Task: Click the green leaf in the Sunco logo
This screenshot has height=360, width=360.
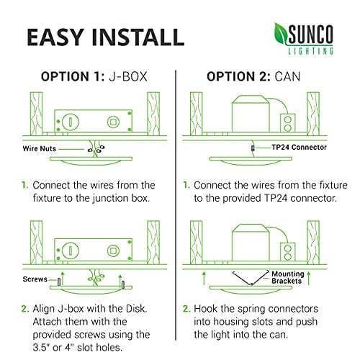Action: coord(280,34)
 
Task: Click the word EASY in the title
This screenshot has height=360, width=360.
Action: coord(55,37)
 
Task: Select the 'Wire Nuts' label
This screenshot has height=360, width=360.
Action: coord(40,148)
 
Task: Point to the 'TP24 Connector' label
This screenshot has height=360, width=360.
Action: coord(299,147)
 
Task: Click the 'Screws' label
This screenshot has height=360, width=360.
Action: coord(35,279)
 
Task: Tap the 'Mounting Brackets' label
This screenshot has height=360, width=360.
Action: coord(288,277)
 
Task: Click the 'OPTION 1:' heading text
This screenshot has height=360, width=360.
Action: coord(73,76)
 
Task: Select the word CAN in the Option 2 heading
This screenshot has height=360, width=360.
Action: coord(287,76)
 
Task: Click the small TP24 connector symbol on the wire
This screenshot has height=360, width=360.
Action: coord(253,148)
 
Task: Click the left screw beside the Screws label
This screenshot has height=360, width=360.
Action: coord(59,282)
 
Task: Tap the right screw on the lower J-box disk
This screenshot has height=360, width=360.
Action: coord(123,284)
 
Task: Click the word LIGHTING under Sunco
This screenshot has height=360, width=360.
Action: coord(311,51)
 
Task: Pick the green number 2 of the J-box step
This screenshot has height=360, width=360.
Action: coord(25,309)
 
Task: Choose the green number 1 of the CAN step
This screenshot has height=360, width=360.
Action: coord(186,185)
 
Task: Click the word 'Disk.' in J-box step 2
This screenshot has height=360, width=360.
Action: coord(137,309)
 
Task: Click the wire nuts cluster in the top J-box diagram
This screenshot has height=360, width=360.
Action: coord(96,149)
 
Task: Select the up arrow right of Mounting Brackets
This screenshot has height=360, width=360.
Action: coord(309,278)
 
